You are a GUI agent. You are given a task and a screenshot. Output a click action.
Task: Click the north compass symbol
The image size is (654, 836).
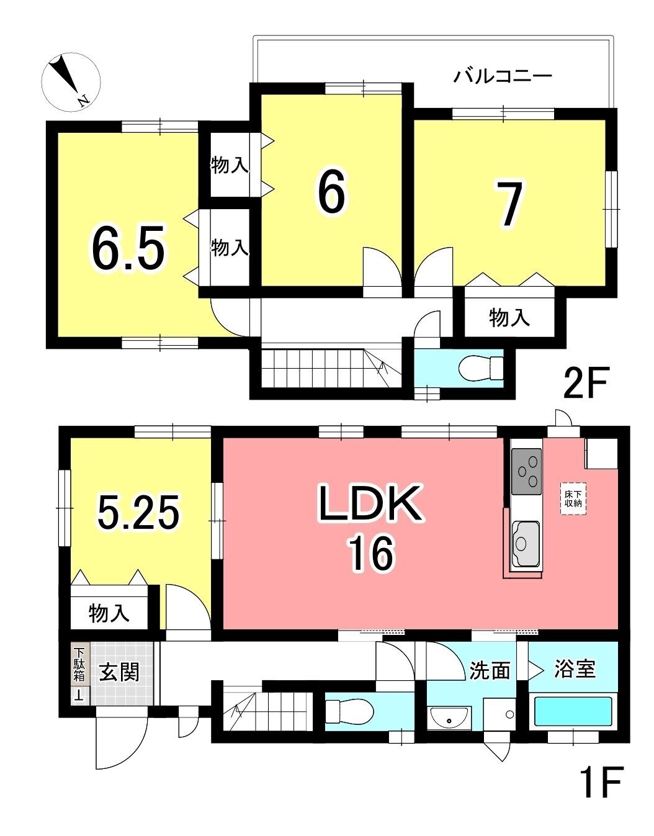[x=71, y=83]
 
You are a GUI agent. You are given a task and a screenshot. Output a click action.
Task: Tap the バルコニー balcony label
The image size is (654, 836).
[x=503, y=76]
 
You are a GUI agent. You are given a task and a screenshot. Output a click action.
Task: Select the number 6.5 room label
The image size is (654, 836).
[x=128, y=248]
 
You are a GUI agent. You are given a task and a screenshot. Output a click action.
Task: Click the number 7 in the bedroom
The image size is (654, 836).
[x=510, y=204]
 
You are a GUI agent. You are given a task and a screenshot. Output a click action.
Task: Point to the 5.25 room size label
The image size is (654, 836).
[x=138, y=513]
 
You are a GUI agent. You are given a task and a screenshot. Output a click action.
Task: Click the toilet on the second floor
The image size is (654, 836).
[x=481, y=368]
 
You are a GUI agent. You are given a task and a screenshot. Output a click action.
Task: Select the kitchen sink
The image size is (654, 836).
[x=526, y=542]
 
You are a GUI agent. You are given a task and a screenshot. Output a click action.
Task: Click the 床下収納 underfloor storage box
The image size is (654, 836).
[x=573, y=498]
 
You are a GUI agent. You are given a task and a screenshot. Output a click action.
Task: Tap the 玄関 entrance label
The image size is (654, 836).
[x=119, y=673]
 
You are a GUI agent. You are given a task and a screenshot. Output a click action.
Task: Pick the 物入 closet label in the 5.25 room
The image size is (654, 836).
[x=109, y=613]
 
